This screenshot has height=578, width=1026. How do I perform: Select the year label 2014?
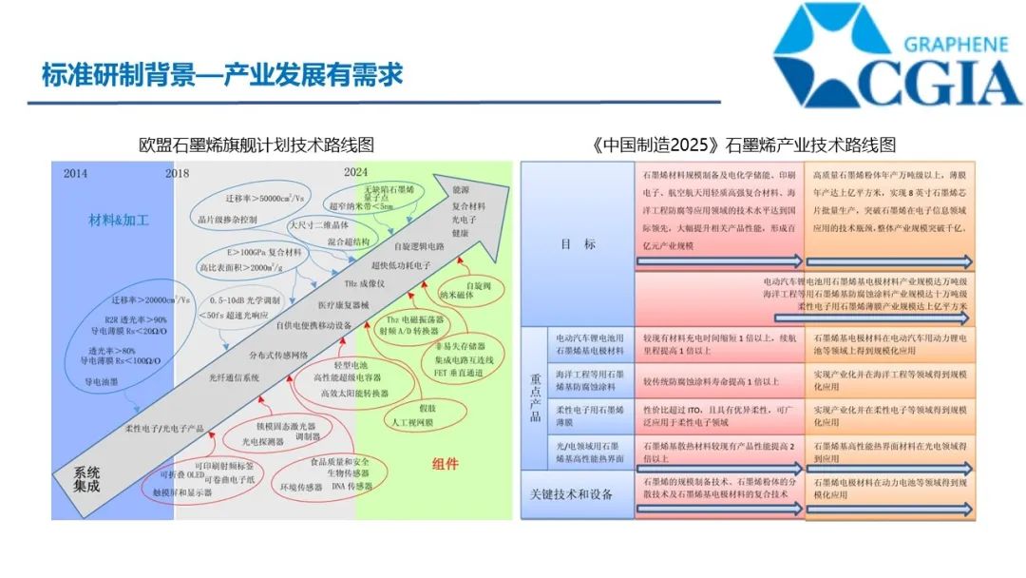tap(76, 173)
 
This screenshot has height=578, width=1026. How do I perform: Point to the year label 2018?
tap(177, 173)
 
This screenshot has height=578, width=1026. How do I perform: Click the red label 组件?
tap(445, 464)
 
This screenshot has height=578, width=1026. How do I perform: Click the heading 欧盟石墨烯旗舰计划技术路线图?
tap(256, 144)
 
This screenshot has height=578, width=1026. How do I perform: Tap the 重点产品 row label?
tap(535, 398)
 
